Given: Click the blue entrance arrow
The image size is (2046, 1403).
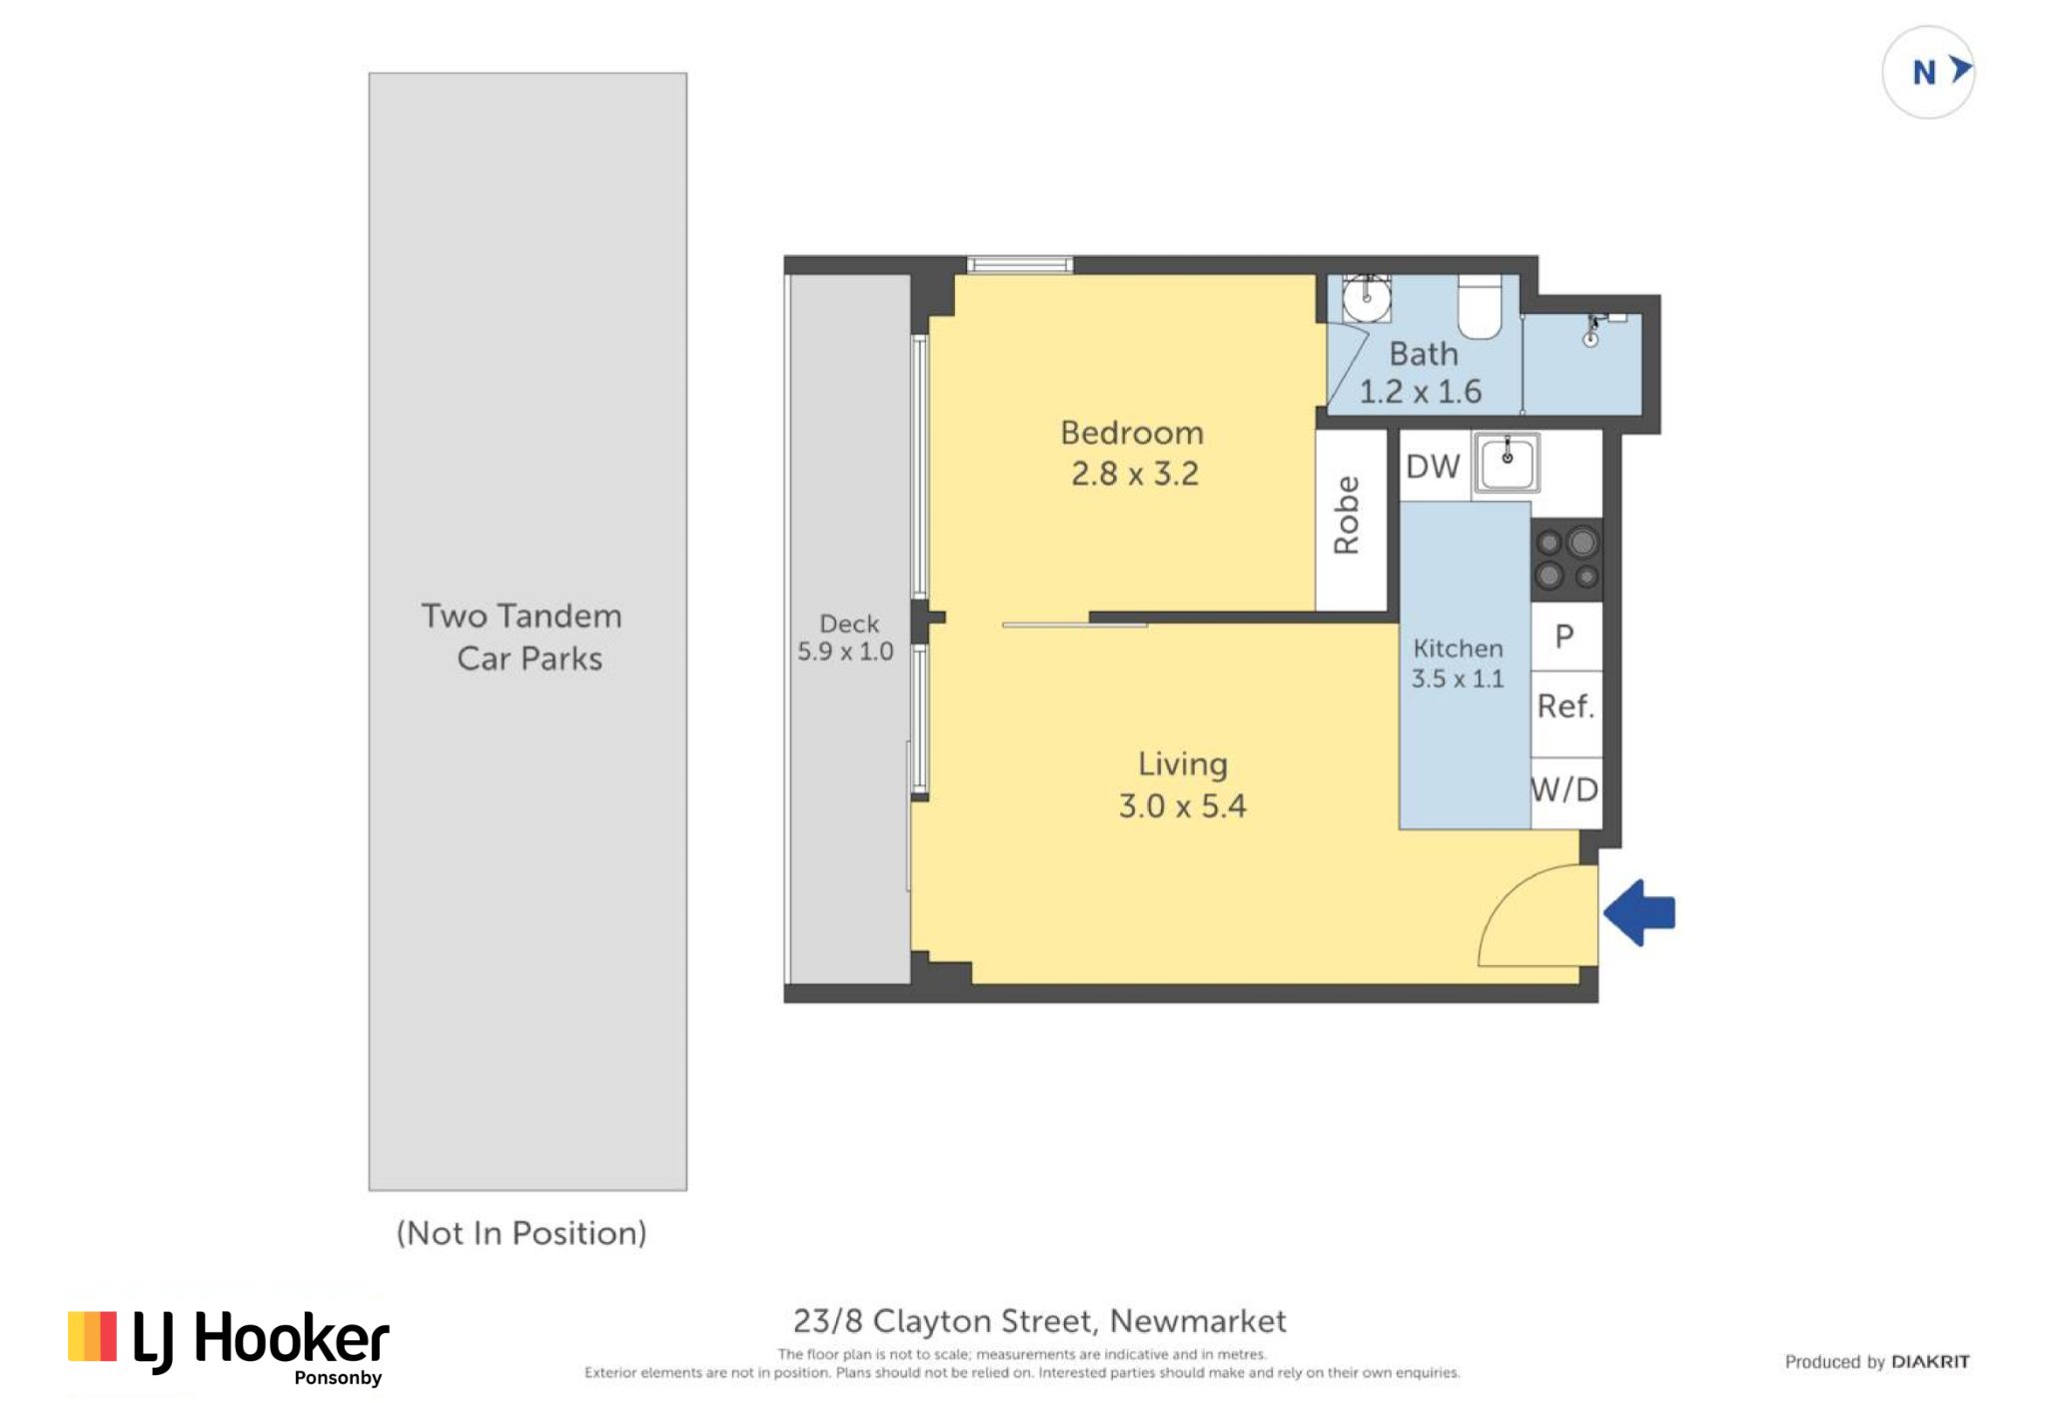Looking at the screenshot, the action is tap(1639, 912).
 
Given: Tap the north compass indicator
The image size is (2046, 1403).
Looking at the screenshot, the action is tap(1928, 72).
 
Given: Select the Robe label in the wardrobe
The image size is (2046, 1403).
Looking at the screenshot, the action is tap(1347, 515).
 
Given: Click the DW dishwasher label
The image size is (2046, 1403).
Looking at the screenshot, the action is tap(1433, 467).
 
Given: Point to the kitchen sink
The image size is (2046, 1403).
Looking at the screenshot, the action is tap(1507, 464).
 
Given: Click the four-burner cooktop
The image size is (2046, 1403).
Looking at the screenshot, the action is tap(1565, 559).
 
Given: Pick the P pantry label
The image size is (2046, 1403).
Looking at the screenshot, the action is tap(1564, 637).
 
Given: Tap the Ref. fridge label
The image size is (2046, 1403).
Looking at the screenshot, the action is tap(1565, 706).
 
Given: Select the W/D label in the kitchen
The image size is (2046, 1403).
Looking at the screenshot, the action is tap(1565, 789).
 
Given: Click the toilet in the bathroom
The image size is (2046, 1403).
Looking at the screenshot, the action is tap(1480, 307).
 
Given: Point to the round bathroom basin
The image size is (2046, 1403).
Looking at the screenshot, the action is tap(1366, 297).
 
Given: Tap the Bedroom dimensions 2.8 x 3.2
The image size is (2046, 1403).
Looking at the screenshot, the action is tap(1135, 474).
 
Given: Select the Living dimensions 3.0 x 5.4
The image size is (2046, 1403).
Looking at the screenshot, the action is tap(1183, 805).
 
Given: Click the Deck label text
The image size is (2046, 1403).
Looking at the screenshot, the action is tap(849, 624).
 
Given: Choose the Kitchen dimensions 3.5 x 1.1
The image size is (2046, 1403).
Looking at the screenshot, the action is tap(1458, 679).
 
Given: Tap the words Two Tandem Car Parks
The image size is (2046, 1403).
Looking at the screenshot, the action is tap(521, 637).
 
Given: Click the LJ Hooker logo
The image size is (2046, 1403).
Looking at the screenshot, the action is tap(229, 1347).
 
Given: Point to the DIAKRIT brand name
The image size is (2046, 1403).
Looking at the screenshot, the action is tap(1930, 1362).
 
